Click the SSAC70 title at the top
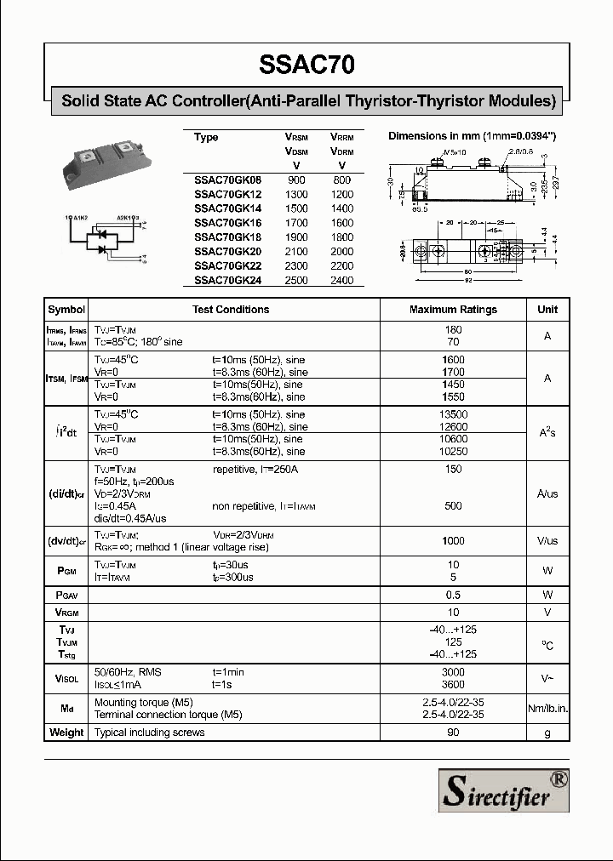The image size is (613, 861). pos(306,65)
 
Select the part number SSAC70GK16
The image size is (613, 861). pos(228,224)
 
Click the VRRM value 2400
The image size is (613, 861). pos(341,280)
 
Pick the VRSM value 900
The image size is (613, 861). pos(296,180)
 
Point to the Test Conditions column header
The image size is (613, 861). pos(231,310)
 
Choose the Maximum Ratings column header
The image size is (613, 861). pos(453,310)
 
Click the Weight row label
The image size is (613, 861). pos(66,733)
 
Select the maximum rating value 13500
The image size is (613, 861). pos(453,414)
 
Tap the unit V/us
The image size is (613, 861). pos(547,541)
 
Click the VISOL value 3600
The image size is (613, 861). pos(453,684)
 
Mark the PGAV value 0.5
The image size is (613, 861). pos(453,595)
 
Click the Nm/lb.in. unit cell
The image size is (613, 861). pos(547,709)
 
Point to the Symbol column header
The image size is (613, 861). pos(66,310)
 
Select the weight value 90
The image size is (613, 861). pos(453,733)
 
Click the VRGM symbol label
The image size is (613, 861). pos(66,613)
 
